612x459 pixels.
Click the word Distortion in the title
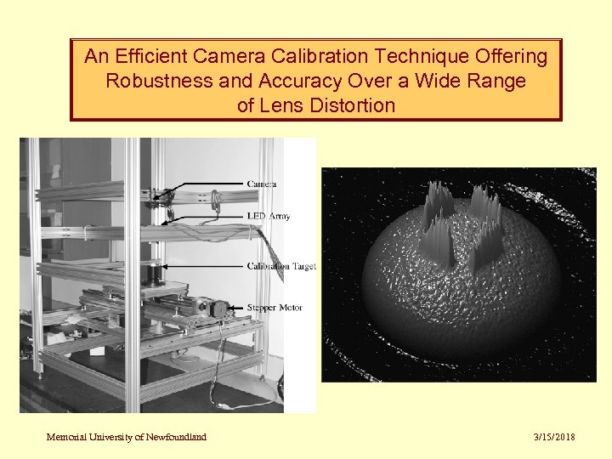tap(352, 106)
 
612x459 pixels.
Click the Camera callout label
tap(262, 184)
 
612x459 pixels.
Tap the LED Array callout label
tap(269, 216)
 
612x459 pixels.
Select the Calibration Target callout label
tap(280, 266)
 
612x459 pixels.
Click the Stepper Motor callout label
tap(274, 307)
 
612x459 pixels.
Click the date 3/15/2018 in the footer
tap(554, 437)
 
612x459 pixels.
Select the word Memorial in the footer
tap(65, 437)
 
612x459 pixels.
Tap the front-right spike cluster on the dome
tap(489, 245)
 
